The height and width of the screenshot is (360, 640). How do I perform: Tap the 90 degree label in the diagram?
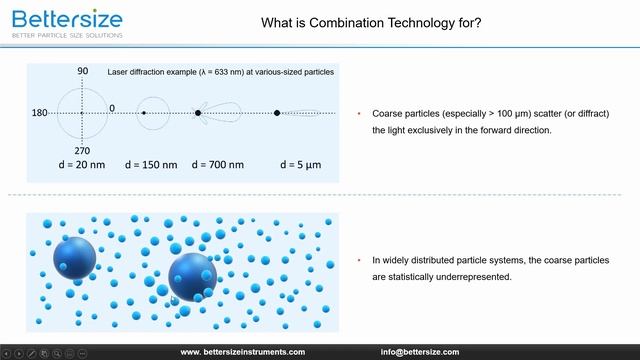tap(83, 72)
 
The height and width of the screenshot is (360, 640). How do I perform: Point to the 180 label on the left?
tap(41, 113)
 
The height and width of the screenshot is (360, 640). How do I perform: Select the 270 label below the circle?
tap(83, 150)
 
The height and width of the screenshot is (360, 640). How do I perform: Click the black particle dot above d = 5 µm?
tap(277, 113)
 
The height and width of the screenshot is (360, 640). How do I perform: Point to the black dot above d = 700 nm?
tap(198, 113)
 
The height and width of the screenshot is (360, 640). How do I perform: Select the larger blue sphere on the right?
tap(192, 276)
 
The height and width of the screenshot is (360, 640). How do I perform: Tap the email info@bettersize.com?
tap(419, 352)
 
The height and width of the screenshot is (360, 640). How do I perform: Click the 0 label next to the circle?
tap(112, 107)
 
